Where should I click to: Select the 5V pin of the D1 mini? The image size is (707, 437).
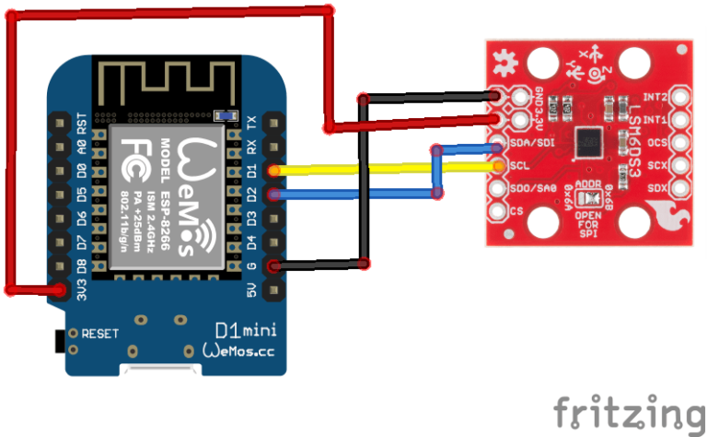click(x=273, y=290)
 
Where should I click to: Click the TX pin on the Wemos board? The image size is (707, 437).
click(x=273, y=122)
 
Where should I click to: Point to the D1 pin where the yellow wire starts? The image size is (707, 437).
click(x=273, y=171)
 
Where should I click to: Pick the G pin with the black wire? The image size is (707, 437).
click(x=273, y=266)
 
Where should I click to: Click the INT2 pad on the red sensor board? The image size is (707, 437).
click(x=680, y=97)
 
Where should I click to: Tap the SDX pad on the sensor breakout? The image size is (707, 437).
click(x=680, y=188)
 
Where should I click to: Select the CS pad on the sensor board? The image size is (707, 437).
click(x=497, y=211)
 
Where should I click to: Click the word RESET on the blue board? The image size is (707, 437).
click(x=99, y=333)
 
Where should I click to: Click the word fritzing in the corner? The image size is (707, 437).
click(x=625, y=408)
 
